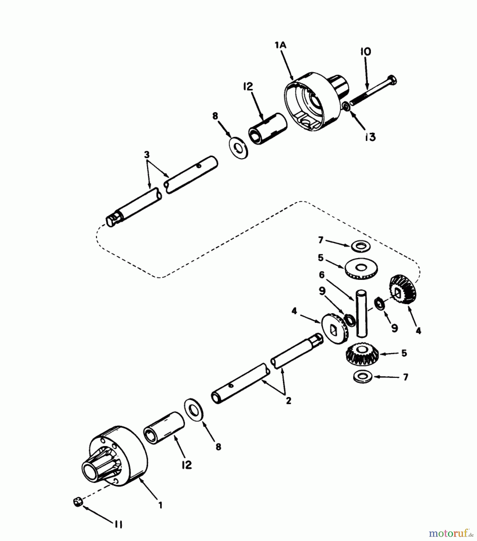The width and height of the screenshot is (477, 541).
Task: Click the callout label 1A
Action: [280, 45]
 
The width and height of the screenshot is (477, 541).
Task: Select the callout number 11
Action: [118, 524]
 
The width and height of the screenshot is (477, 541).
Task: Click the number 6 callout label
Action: [322, 275]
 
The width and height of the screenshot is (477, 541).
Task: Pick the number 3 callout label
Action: [146, 155]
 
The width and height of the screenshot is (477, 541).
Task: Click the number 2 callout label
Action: [288, 400]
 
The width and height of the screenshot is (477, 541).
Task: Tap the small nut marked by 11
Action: [78, 502]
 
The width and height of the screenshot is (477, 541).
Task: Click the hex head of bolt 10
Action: [392, 80]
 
